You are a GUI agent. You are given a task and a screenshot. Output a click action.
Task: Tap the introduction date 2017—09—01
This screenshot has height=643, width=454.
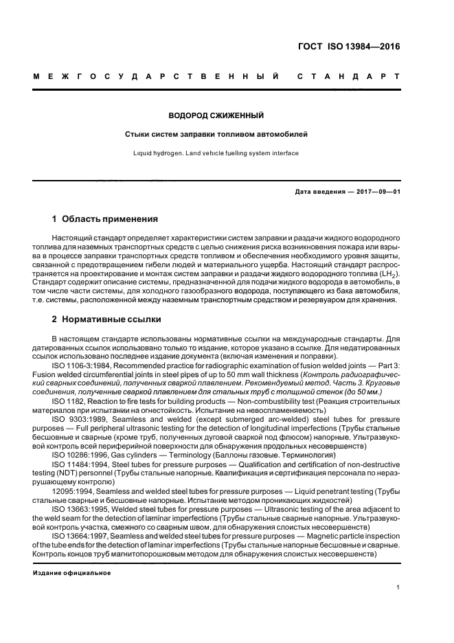click(377, 192)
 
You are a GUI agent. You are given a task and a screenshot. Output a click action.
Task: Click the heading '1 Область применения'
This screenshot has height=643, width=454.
click(105, 220)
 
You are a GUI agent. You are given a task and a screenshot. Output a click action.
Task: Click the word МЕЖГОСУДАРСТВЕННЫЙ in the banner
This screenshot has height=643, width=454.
click(155, 76)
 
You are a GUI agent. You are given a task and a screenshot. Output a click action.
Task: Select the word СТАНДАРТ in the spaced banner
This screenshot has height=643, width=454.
click(348, 76)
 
